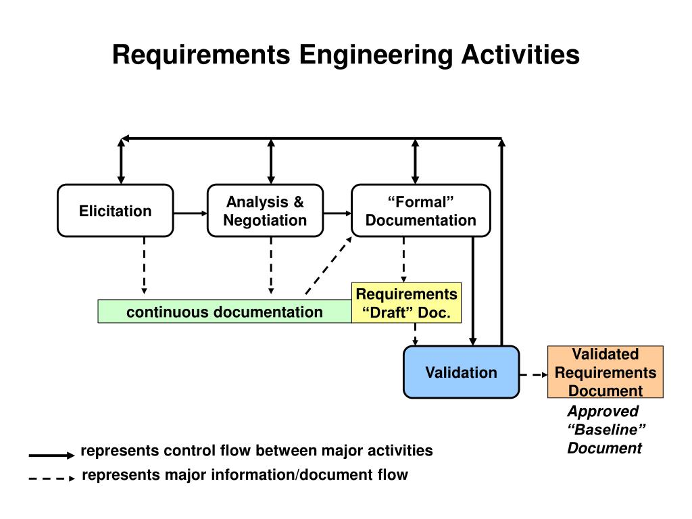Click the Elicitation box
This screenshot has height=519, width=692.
pyautogui.click(x=115, y=211)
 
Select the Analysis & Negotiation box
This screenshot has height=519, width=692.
pyautogui.click(x=265, y=211)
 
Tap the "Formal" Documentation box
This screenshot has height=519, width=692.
pyautogui.click(x=420, y=211)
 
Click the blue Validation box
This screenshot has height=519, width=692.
pyautogui.click(x=461, y=372)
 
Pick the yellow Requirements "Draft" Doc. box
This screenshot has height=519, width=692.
pyautogui.click(x=407, y=303)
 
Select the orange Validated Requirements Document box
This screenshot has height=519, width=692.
pyautogui.click(x=605, y=372)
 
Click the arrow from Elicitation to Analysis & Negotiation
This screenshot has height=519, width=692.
pyautogui.click(x=190, y=212)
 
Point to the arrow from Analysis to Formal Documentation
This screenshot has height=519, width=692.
pyautogui.click(x=337, y=212)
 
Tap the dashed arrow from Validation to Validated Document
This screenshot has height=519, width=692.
pyautogui.click(x=533, y=374)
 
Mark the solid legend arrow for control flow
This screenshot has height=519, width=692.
pyautogui.click(x=51, y=455)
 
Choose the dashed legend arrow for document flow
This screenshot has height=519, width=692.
pyautogui.click(x=51, y=478)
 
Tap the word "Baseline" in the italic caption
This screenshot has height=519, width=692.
pyautogui.click(x=606, y=430)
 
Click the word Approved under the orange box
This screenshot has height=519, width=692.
pyautogui.click(x=602, y=412)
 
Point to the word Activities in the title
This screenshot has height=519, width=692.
pyautogui.click(x=520, y=55)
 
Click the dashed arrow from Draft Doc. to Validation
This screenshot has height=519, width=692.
pyautogui.click(x=416, y=334)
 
